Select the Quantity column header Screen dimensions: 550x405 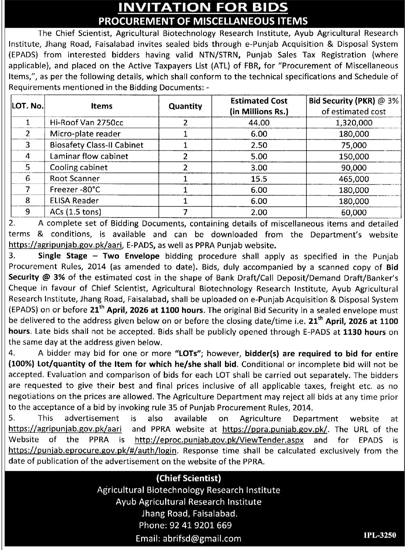tap(185, 106)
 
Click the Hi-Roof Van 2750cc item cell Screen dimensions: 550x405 tap(87, 122)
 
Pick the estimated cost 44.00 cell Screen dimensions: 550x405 tap(259, 122)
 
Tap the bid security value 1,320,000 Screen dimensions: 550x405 tap(354, 123)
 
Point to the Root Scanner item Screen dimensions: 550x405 tap(75, 179)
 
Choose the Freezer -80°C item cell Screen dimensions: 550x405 tap(75, 190)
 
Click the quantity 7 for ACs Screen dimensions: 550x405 tap(185, 212)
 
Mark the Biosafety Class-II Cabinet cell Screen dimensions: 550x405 tap(97, 145)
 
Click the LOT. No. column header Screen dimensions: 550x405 tap(28, 106)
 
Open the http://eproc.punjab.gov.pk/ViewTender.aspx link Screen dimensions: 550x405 tap(219, 440)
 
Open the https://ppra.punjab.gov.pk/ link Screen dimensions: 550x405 tap(275, 429)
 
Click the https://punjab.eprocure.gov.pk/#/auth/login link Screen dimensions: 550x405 tap(92, 451)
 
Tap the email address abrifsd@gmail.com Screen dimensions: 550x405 tap(188, 538)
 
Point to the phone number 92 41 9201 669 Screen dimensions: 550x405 tap(185, 525)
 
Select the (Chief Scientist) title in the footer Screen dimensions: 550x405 tap(189, 478)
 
